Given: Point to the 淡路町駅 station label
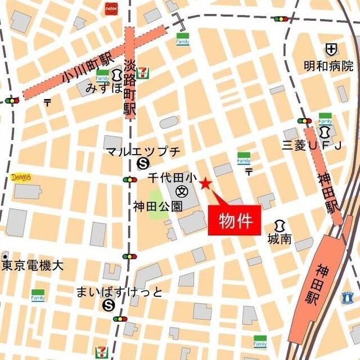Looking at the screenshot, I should point(130,88).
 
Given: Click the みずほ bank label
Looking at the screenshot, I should point(103,88).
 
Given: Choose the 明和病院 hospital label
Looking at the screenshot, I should point(328,66).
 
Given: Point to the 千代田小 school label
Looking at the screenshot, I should point(172,178).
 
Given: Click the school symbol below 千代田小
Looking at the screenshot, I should point(182,191).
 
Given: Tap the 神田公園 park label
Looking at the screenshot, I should point(158,206).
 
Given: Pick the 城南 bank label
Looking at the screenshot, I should point(280,238).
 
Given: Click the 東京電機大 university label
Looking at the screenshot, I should point(32,265).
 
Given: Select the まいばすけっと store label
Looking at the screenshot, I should point(119,292).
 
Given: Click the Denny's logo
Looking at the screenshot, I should point(21,178).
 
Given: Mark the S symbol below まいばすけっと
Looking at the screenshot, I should point(108,305).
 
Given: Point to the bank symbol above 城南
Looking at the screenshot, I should point(280,225).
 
